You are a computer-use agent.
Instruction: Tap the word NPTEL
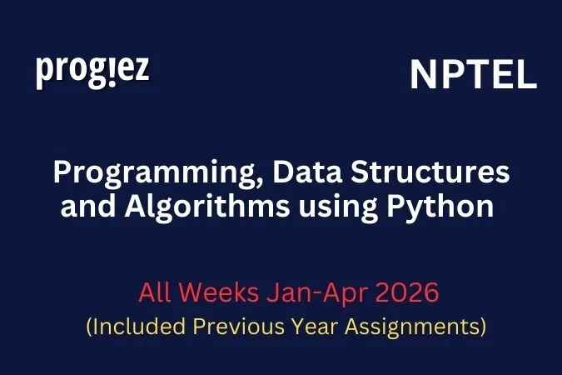473,76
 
